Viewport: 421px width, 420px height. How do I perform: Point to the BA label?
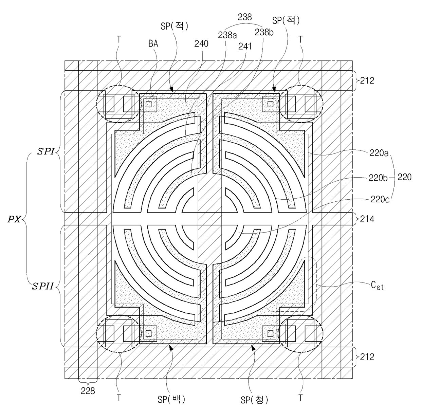click(x=153, y=43)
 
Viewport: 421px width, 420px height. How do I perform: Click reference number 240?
click(x=202, y=43)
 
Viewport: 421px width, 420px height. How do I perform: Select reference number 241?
click(x=245, y=46)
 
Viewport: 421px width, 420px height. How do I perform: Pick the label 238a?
click(x=227, y=35)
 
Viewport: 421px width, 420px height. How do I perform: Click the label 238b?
click(x=264, y=32)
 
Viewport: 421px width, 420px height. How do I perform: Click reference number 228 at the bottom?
click(x=88, y=391)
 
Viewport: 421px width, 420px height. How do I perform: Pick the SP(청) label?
click(x=255, y=400)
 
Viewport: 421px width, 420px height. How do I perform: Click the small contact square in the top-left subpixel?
click(x=148, y=104)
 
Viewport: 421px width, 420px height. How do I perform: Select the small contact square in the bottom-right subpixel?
click(x=271, y=333)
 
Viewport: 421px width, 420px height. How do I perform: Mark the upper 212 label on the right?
click(x=367, y=81)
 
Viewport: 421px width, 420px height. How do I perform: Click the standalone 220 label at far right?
click(x=404, y=177)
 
